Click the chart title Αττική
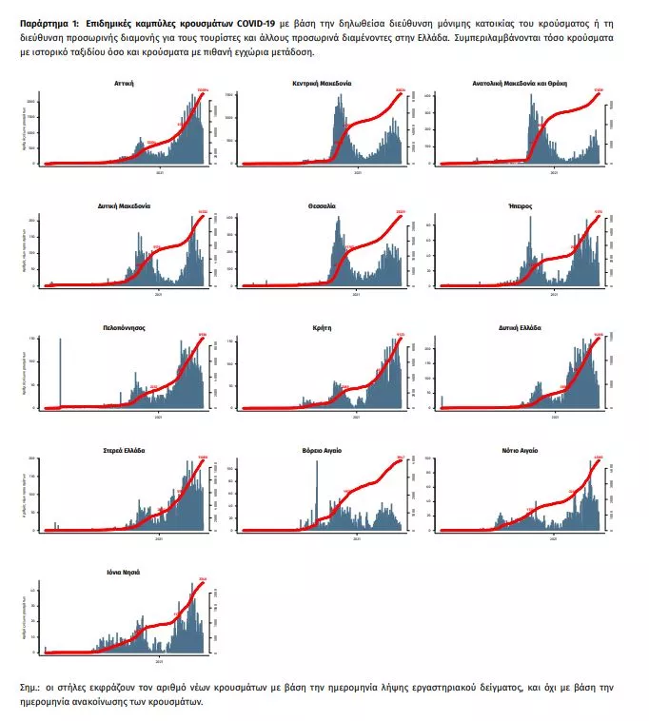[x=124, y=84]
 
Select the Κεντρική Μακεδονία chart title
[x=322, y=84]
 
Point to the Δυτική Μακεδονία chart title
[x=124, y=205]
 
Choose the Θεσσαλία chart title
[x=322, y=205]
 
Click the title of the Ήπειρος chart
[x=520, y=205]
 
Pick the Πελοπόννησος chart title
[x=124, y=326]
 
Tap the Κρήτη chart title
[x=322, y=326]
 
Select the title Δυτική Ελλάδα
[x=520, y=326]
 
